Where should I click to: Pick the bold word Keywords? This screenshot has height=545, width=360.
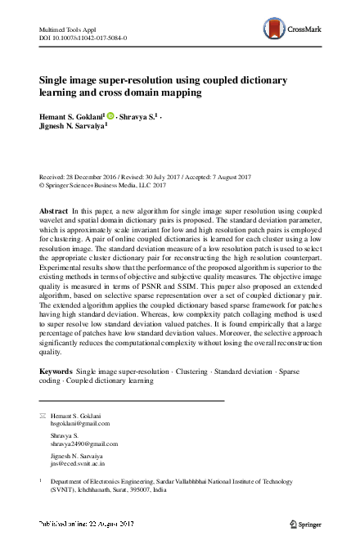[56, 372]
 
